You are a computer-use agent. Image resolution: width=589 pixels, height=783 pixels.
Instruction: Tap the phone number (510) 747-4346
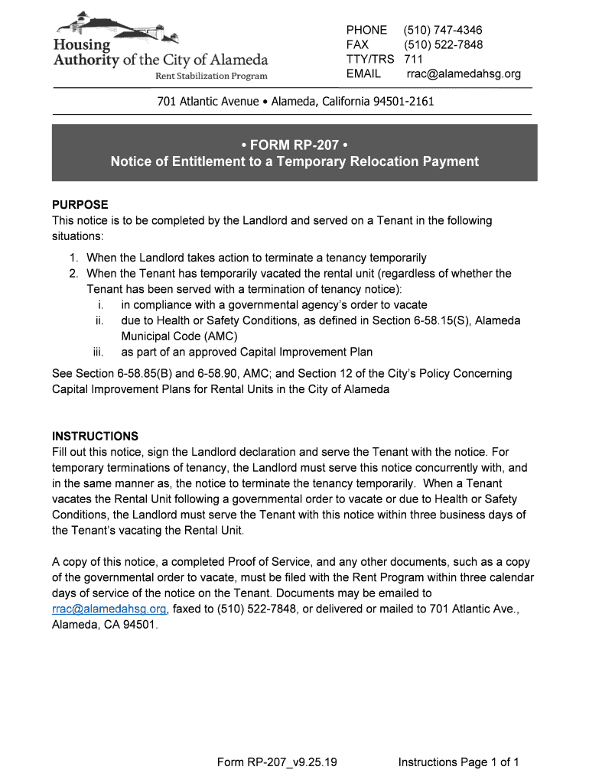tap(444, 30)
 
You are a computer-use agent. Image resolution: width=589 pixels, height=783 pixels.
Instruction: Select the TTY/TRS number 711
tap(413, 59)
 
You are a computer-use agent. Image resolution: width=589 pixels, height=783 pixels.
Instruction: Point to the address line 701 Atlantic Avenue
tap(295, 101)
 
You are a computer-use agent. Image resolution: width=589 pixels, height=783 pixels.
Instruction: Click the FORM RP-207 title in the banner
tap(294, 144)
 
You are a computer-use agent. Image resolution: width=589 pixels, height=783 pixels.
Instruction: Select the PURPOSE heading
tap(80, 205)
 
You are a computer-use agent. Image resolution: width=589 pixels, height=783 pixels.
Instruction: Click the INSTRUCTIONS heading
tap(95, 437)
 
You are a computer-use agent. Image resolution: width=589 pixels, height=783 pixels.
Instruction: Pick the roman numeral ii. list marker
tap(99, 320)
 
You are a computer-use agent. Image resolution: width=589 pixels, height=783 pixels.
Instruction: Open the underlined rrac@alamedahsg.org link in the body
tap(109, 609)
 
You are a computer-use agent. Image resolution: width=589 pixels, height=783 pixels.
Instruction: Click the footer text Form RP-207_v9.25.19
tap(278, 762)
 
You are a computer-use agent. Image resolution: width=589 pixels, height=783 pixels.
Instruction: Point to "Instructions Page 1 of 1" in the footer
tap(459, 762)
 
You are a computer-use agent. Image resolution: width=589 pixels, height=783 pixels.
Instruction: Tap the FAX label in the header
tap(357, 44)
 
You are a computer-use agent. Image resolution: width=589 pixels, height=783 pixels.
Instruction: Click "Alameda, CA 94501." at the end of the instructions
tap(104, 624)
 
